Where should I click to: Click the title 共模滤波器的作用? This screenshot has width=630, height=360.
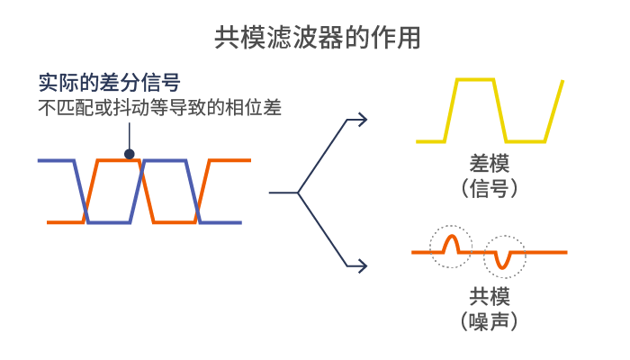[x=318, y=38]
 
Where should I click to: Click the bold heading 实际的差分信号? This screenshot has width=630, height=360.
[x=109, y=83]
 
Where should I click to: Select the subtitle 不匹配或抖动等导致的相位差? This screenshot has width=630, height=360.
[x=160, y=107]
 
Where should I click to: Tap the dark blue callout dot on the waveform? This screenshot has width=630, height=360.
[x=130, y=154]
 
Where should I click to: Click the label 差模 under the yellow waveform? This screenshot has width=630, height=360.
[x=490, y=164]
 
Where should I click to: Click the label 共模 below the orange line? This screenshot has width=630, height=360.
[x=490, y=296]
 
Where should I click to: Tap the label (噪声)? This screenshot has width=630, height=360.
[x=490, y=321]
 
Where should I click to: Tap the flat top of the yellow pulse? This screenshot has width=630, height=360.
[x=475, y=80]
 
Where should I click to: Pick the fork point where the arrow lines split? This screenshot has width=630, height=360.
[x=298, y=193]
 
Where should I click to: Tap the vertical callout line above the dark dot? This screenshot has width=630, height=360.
[x=130, y=136]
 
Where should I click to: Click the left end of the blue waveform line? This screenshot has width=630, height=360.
[x=39, y=161]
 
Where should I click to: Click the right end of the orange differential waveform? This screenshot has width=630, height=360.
[x=249, y=160]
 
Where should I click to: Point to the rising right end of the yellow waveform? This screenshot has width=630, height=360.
[x=562, y=82]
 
